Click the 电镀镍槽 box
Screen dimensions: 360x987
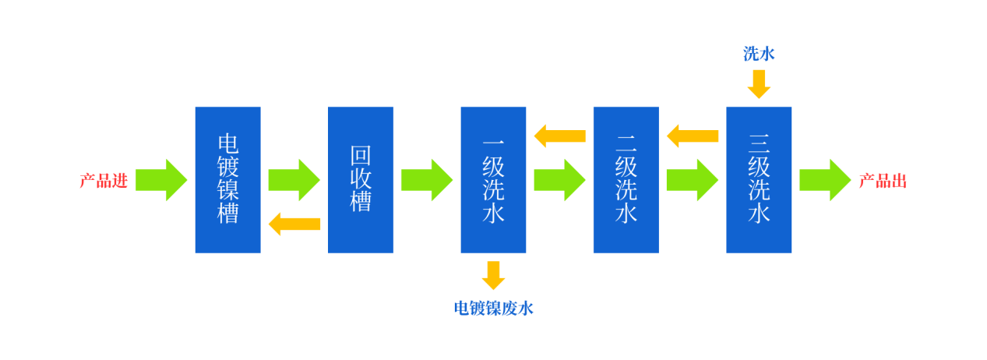(x=227, y=179)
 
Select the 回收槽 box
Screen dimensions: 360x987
(x=361, y=179)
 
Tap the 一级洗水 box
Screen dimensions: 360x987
(x=493, y=179)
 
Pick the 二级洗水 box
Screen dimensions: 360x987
(x=626, y=179)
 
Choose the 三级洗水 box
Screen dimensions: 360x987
(x=759, y=179)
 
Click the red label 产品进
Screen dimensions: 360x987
(x=103, y=181)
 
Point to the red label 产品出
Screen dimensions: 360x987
(x=883, y=181)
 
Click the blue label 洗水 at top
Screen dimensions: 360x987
(x=759, y=54)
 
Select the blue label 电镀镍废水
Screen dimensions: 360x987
(x=493, y=309)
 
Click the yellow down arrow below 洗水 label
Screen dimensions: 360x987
(x=759, y=83)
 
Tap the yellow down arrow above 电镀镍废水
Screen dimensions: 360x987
(x=493, y=275)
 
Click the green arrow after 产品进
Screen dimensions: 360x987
(x=161, y=180)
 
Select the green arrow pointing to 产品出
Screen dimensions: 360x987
(x=825, y=180)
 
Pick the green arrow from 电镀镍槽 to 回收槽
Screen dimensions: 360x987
(x=294, y=180)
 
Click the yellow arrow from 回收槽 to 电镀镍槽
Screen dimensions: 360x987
(x=294, y=224)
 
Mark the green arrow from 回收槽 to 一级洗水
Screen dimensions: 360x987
(x=426, y=180)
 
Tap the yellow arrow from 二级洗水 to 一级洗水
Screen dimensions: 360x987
(x=559, y=136)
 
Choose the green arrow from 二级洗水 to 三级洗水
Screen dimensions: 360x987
(x=692, y=180)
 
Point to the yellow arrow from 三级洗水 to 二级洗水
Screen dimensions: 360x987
(x=692, y=136)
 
